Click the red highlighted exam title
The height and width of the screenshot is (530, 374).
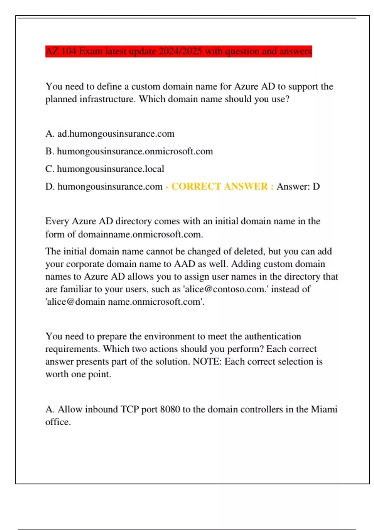(x=178, y=51)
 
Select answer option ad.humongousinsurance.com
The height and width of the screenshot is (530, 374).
(x=116, y=134)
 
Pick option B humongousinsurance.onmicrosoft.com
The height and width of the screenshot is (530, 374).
(x=135, y=152)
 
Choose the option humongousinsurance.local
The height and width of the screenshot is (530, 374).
(x=110, y=169)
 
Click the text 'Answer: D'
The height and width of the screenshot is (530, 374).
(x=298, y=186)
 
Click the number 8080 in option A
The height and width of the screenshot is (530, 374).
(x=170, y=409)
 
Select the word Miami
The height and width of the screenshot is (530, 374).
(x=324, y=409)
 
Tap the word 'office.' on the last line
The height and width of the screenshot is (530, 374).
(x=58, y=422)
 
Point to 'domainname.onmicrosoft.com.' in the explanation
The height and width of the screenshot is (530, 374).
(x=140, y=234)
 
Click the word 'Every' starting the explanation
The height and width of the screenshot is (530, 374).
(x=57, y=221)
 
